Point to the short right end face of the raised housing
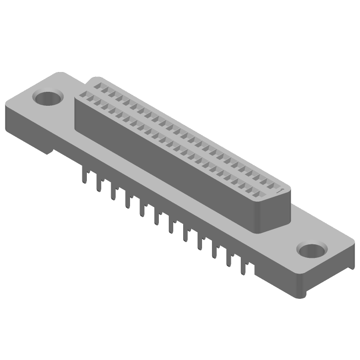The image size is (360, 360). (279, 211)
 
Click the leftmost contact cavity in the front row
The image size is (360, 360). (83, 96)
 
